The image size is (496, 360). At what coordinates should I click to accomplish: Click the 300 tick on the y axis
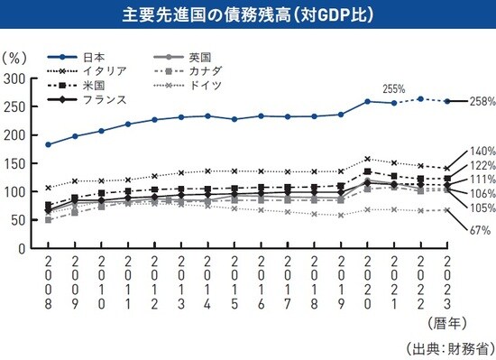[x=15, y=78]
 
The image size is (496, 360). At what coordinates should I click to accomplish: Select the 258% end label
[x=481, y=101]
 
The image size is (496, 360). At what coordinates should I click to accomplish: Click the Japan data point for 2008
[x=48, y=144]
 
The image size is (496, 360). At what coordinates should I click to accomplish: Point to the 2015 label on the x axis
[x=234, y=282]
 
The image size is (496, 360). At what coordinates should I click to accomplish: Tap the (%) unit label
[x=15, y=57]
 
